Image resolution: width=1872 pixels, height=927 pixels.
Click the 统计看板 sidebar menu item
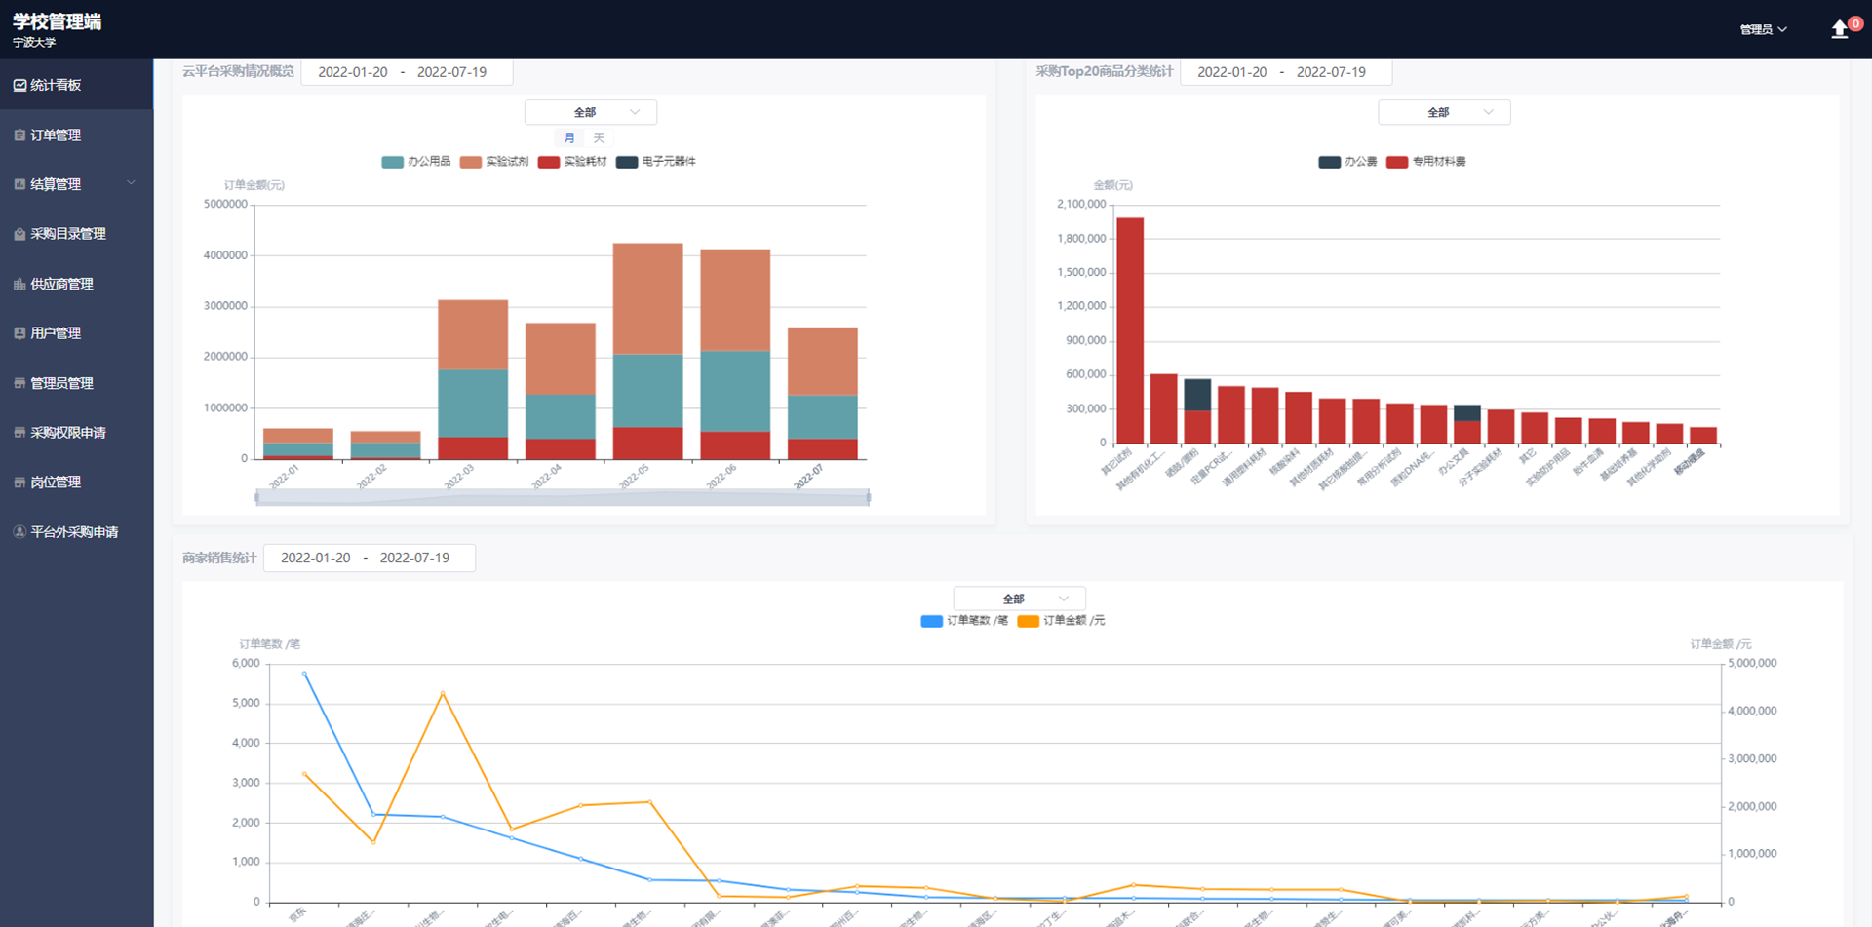[x=56, y=85]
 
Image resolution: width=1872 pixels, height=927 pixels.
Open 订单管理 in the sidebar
[x=56, y=135]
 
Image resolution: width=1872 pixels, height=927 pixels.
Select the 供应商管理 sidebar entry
[x=61, y=284]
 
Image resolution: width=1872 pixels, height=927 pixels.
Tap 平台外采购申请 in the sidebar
[x=74, y=532]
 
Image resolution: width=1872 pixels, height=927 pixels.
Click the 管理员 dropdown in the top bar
[x=1763, y=29]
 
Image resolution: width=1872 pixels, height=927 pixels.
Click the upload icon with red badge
[x=1840, y=29]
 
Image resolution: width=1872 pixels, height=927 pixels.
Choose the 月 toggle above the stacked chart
[x=569, y=138]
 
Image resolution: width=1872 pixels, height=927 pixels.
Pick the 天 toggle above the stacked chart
[x=599, y=138]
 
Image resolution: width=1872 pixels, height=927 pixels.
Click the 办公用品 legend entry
[x=417, y=162]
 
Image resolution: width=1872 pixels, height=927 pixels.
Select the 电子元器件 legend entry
[x=656, y=162]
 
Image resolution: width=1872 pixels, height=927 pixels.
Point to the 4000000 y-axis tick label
[x=225, y=255]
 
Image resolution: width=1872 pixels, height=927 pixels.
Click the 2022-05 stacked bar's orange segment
[x=647, y=298]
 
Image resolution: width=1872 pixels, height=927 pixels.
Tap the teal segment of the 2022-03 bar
[x=473, y=403]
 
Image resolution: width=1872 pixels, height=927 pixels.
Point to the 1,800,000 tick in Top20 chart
[x=1081, y=239]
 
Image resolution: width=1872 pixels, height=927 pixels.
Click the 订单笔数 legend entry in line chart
[x=964, y=621]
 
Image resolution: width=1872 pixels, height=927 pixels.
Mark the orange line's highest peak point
[x=443, y=693]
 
